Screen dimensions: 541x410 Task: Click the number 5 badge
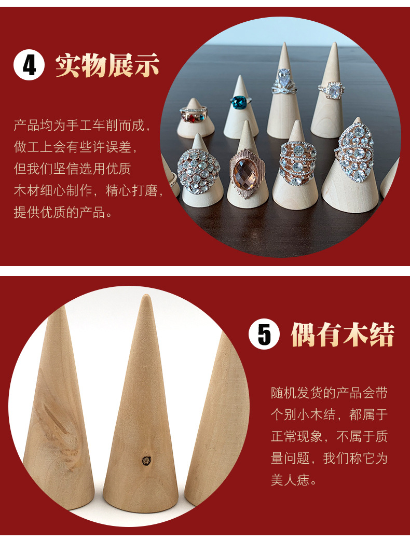tap(264, 335)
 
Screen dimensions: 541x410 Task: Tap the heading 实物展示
tap(107, 66)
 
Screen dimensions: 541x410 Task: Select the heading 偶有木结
tap(342, 335)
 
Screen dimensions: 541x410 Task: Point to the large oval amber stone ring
tap(247, 172)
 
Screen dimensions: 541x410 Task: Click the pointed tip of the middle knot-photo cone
tap(146, 298)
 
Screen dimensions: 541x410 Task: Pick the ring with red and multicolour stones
tap(193, 114)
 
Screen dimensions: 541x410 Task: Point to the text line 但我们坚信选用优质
tap(72, 169)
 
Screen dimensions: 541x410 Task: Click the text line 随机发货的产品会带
tap(329, 393)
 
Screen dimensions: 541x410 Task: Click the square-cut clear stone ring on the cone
tap(332, 91)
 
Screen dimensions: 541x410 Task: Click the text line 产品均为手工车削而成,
tap(83, 126)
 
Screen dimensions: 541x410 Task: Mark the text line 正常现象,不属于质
tap(329, 437)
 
